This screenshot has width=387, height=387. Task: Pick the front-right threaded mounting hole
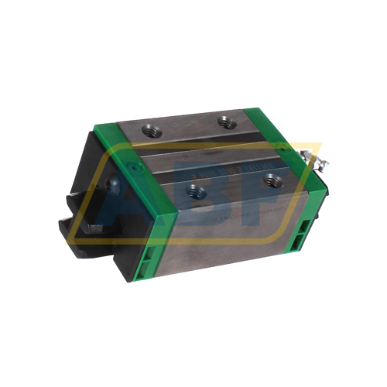(x=271, y=180)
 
